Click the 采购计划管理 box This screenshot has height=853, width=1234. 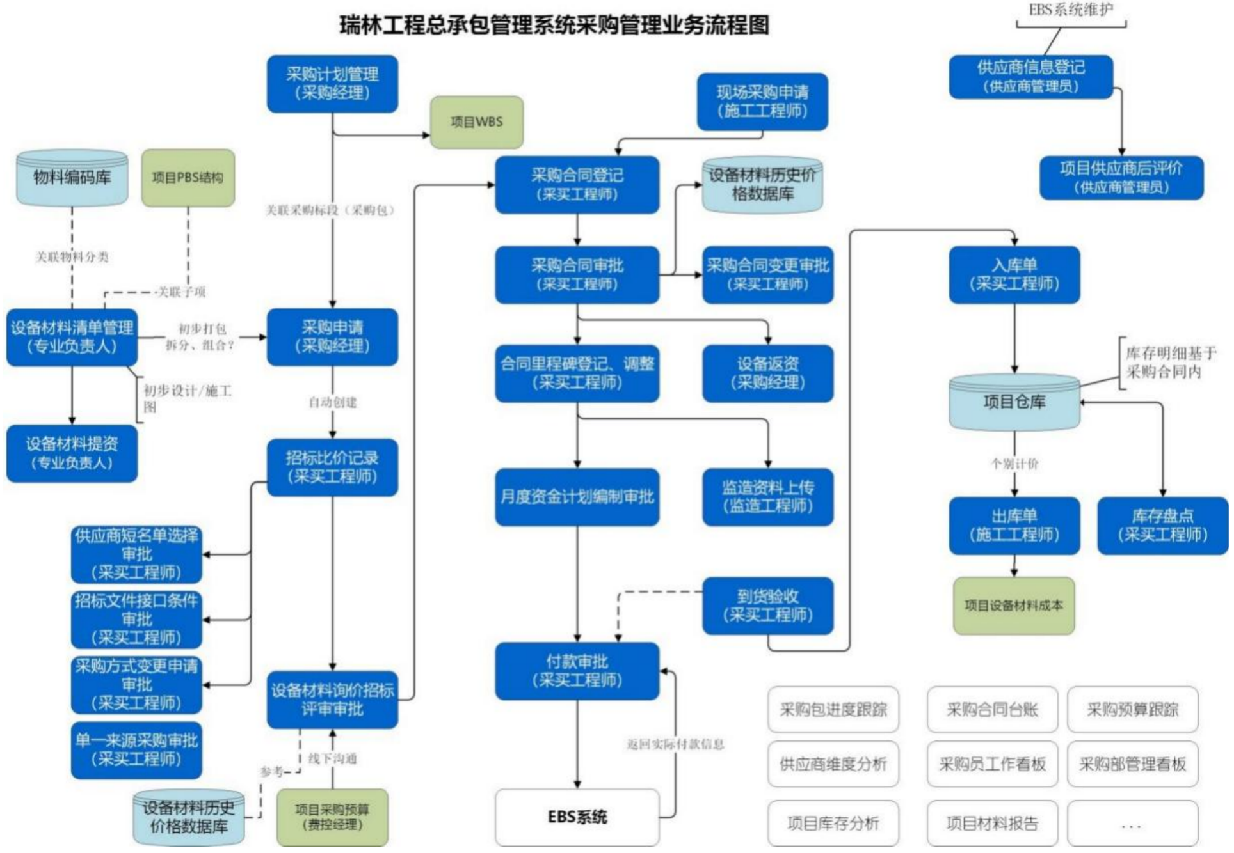click(333, 84)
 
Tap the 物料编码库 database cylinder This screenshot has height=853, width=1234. click(72, 178)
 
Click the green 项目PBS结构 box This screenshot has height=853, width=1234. click(188, 178)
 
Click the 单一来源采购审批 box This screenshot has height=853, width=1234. click(137, 750)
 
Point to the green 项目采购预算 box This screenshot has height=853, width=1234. click(333, 817)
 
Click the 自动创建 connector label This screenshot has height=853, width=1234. click(333, 402)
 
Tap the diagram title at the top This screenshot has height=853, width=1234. click(554, 26)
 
